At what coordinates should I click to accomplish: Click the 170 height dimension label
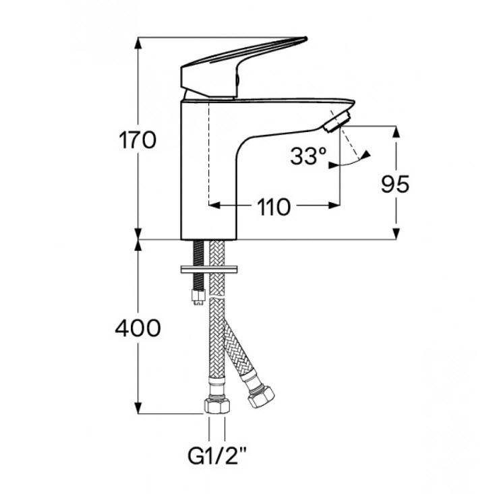pyautogui.click(x=138, y=140)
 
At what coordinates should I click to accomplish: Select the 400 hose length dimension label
pyautogui.click(x=138, y=328)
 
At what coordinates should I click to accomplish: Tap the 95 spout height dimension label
pyautogui.click(x=395, y=184)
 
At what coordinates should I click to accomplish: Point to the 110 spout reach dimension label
pyautogui.click(x=274, y=207)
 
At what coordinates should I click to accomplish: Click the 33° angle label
pyautogui.click(x=308, y=156)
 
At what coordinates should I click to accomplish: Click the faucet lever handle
pyautogui.click(x=243, y=67)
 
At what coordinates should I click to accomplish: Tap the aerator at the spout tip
pyautogui.click(x=337, y=121)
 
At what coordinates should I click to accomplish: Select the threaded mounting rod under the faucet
pyautogui.click(x=198, y=265)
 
